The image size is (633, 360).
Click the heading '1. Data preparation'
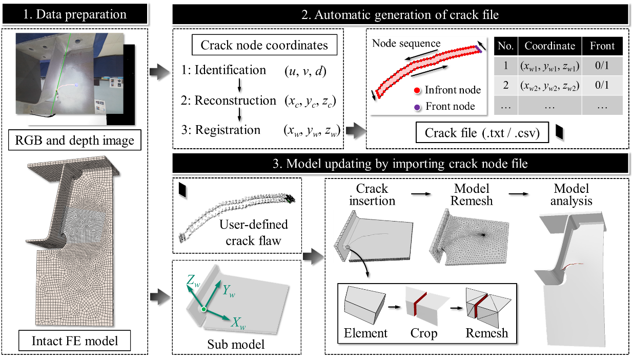pos(75,14)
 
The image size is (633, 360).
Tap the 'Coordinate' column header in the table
pos(549,46)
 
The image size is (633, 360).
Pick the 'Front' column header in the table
pos(602,46)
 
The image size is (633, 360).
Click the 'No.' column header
pos(505,46)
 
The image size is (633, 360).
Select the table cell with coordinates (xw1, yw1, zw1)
pos(549,66)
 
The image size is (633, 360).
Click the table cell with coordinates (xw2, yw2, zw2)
pos(549,86)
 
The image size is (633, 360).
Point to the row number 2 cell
pos(505,86)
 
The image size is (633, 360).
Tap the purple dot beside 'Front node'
pos(418,107)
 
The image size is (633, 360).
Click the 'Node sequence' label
pos(406,43)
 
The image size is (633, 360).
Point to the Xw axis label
pos(236,323)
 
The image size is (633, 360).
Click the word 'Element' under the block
pos(365,333)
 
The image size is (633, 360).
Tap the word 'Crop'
pos(424,333)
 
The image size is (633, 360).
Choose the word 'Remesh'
pos(486,333)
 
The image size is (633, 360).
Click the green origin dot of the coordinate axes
pos(204,309)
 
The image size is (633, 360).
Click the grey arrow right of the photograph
pos(159,72)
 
